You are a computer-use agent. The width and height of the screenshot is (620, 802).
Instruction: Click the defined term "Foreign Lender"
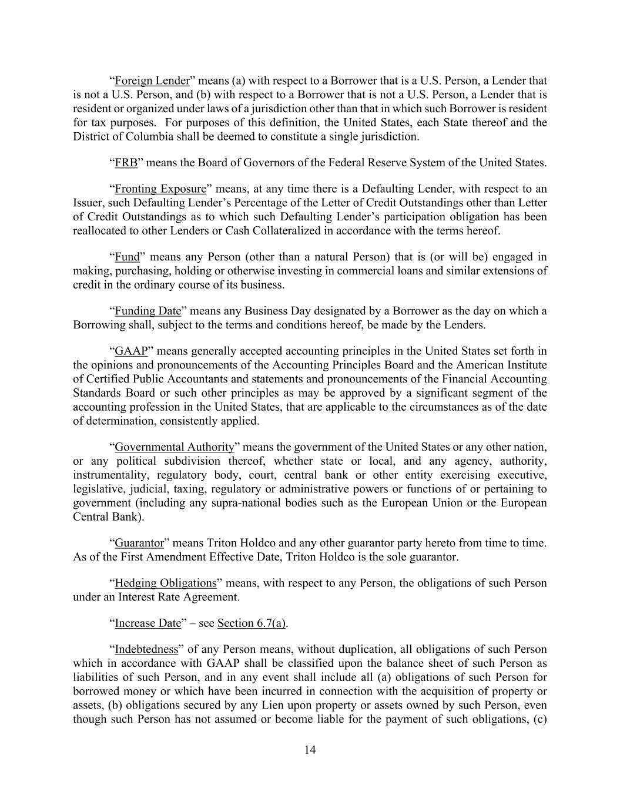152,81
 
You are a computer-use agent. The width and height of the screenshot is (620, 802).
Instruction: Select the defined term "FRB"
126,163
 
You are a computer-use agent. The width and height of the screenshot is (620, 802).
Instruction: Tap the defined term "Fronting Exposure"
160,189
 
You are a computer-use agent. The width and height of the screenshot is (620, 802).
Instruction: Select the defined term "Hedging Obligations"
166,583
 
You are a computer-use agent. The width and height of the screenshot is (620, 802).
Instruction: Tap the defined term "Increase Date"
148,623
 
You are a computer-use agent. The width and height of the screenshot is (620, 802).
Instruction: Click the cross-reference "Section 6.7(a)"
252,623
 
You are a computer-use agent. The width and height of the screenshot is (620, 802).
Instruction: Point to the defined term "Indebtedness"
146,650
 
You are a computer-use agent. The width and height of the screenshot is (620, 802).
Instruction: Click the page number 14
310,749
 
